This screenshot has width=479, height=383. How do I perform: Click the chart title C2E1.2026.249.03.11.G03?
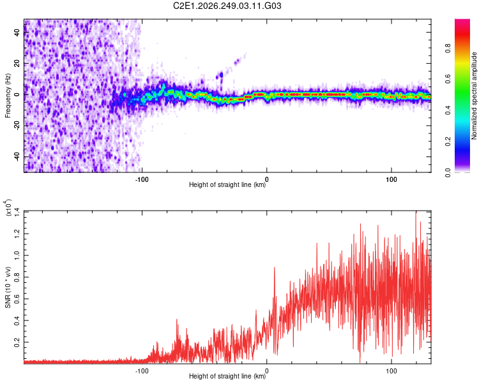(x=227, y=6)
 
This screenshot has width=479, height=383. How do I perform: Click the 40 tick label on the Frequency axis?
(x=17, y=32)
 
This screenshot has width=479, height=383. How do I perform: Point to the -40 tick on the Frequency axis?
(x=17, y=156)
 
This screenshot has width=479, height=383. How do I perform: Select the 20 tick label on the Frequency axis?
(x=17, y=63)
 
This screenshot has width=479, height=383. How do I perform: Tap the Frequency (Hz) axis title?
(x=8, y=96)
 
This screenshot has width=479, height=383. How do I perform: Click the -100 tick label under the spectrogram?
(x=142, y=179)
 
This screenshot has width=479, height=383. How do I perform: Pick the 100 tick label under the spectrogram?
(x=392, y=179)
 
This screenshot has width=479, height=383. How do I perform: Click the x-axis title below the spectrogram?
(x=227, y=184)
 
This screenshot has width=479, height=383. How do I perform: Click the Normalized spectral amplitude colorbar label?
(x=474, y=96)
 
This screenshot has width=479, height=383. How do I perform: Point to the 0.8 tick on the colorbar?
(x=448, y=49)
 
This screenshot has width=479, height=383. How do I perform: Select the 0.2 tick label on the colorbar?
(x=448, y=142)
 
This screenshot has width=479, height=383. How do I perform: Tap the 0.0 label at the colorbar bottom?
(x=448, y=173)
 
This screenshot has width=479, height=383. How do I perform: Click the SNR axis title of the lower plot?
(x=8, y=287)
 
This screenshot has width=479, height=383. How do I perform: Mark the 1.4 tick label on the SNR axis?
(x=17, y=212)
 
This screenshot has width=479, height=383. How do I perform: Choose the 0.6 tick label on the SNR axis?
(x=17, y=299)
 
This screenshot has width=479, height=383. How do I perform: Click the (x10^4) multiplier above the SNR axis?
(x=8, y=207)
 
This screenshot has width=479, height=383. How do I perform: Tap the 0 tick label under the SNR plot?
(x=267, y=371)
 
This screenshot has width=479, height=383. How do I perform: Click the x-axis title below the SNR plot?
(x=227, y=376)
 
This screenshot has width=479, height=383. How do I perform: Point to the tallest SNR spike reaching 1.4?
(x=416, y=212)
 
